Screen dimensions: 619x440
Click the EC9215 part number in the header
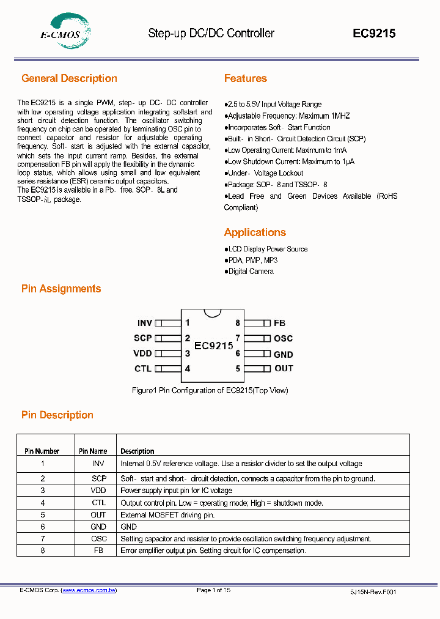click(374, 34)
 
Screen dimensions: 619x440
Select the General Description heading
click(69, 78)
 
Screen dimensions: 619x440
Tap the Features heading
click(245, 78)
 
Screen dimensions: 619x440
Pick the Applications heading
click(255, 232)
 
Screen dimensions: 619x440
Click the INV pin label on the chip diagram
click(144, 323)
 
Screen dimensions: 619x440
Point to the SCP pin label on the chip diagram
click(143, 338)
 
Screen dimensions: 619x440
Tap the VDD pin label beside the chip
click(142, 354)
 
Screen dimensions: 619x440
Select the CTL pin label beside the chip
click(142, 369)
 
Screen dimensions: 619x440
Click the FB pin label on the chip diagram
click(279, 323)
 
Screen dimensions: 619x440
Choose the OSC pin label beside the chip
click(283, 338)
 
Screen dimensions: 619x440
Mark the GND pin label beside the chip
click(283, 354)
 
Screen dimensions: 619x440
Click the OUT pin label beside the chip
click(284, 368)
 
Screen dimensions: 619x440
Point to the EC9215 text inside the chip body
click(214, 346)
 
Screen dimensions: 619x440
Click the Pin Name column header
click(93, 451)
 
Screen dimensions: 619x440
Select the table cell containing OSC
click(98, 538)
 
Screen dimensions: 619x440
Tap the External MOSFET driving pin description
click(167, 515)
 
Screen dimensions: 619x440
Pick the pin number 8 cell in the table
click(43, 550)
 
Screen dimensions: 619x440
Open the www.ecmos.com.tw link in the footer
click(89, 590)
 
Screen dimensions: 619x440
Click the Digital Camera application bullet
click(251, 272)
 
